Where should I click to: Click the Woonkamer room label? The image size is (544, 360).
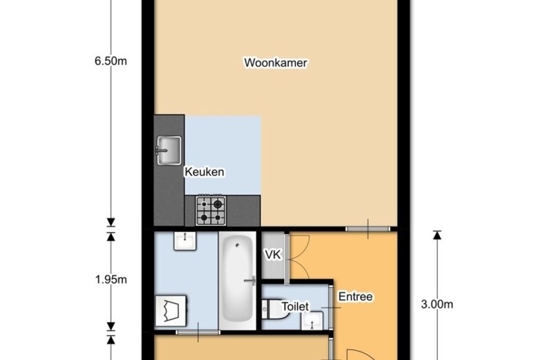pos(276,63)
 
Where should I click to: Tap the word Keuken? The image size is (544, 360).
pos(204,172)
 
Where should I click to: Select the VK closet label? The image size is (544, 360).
pos(273,255)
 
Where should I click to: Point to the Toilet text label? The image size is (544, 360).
pos(295,306)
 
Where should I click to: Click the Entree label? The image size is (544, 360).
pos(355,297)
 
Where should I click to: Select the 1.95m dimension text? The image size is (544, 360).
pos(111,280)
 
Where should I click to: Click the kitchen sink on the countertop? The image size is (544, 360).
pos(168,151)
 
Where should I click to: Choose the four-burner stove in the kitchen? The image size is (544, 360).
pos(211,210)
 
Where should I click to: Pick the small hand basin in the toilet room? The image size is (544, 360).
pos(313,320)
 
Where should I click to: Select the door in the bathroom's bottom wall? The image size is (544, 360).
pos(197,332)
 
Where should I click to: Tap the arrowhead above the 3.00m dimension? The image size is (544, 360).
pos(437,234)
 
